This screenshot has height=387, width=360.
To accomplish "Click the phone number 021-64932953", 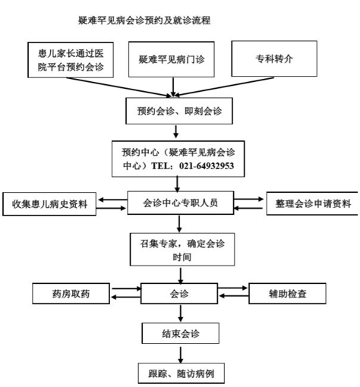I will coord(205,166).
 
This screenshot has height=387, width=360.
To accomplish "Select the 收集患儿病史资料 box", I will coord(50,204).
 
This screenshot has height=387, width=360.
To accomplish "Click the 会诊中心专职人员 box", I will coord(180,203).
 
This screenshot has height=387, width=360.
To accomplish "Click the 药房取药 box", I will coord(70,292).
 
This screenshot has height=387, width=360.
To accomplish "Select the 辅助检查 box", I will coord(287,292).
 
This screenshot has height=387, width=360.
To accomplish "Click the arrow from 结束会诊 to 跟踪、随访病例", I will coord(181,353).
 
